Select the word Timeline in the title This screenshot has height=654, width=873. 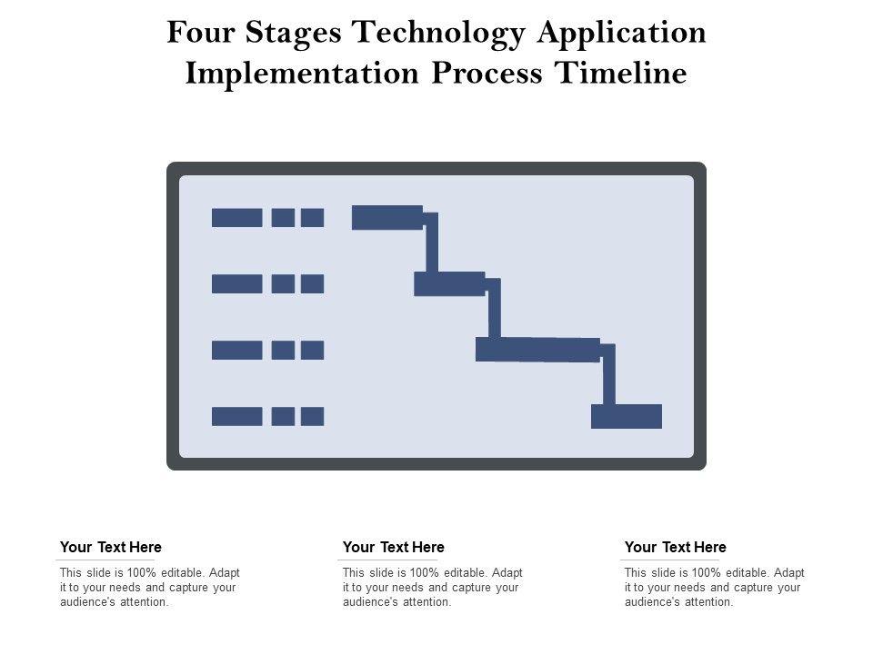point(621,73)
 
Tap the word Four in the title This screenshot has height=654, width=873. point(201,33)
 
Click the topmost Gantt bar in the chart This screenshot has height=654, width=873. point(387,217)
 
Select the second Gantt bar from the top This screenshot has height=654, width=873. point(449,283)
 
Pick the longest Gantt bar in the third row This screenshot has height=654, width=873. point(537,350)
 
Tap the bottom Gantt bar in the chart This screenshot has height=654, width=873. point(627,416)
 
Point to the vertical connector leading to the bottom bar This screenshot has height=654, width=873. point(609,376)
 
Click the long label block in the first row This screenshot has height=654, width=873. point(237,217)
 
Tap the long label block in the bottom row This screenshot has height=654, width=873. point(237,416)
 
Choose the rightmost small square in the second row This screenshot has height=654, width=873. point(312,283)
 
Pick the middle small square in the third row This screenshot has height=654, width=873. point(283,350)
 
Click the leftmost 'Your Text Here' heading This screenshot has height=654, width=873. point(111,547)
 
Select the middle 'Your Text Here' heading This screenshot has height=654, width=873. point(394,547)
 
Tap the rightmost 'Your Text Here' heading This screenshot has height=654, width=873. point(676,547)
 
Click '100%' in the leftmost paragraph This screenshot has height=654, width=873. point(142,573)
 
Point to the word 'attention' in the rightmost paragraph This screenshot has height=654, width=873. point(707,601)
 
